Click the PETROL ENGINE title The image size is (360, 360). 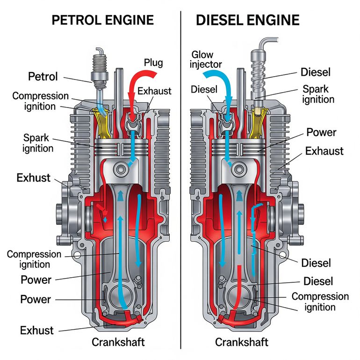[103, 20]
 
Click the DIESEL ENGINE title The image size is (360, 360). [248, 20]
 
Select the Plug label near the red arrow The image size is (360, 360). [153, 63]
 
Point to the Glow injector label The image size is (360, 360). [206, 59]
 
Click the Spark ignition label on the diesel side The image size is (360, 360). [318, 94]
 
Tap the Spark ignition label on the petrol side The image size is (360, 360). [38, 143]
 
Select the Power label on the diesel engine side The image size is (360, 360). [321, 132]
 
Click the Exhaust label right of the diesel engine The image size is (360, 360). [324, 151]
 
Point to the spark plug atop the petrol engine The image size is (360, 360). [100, 70]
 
